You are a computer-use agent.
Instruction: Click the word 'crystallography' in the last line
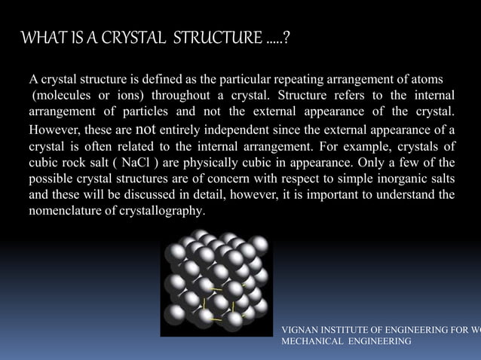pyautogui.click(x=166, y=212)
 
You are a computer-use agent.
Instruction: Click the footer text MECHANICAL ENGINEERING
pyautogui.click(x=346, y=342)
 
